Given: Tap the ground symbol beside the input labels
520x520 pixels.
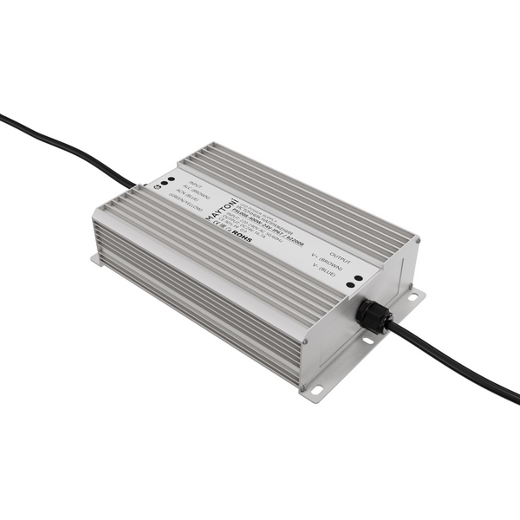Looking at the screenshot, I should [156, 185].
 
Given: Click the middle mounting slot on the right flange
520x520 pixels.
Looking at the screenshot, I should [368, 341].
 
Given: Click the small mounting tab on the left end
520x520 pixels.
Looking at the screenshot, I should [94, 258].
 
